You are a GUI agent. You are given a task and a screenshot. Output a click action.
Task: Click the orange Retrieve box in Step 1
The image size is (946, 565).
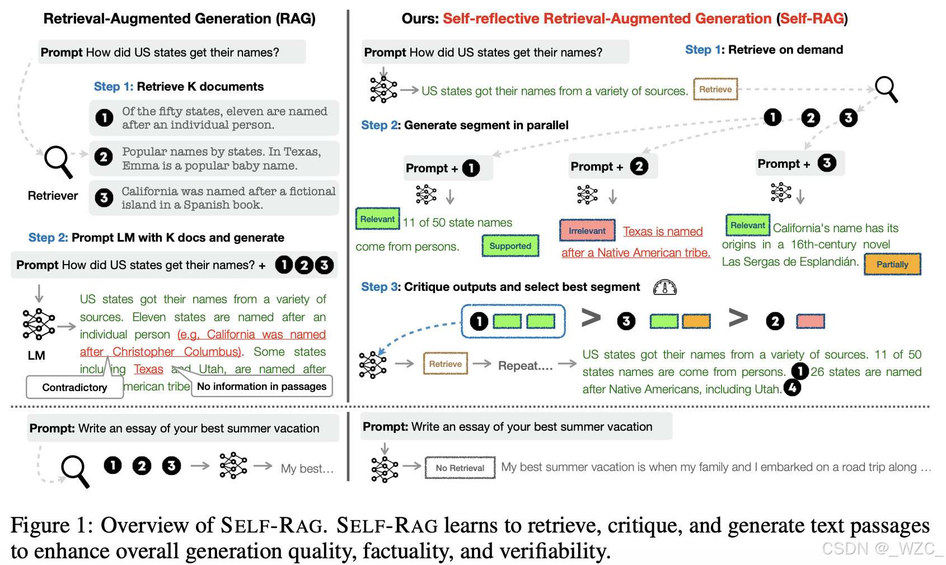(715, 90)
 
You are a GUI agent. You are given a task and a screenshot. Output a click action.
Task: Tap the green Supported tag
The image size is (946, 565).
(510, 246)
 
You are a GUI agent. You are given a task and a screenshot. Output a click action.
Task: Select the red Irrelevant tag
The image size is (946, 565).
(587, 230)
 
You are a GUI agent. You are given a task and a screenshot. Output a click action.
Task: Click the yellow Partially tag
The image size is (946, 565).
(892, 265)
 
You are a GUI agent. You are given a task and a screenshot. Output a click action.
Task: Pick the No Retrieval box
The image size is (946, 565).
(460, 468)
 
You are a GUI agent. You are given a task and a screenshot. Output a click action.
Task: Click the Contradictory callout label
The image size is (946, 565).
(74, 388)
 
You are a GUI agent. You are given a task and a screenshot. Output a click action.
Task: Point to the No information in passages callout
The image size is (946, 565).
(261, 387)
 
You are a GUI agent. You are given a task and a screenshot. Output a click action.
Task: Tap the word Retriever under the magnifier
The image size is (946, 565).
(53, 196)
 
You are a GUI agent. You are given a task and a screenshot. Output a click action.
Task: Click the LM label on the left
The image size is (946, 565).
(36, 356)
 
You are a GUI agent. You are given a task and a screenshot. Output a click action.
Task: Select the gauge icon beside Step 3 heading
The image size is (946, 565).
(665, 288)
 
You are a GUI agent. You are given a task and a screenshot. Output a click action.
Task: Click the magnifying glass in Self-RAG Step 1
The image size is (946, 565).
(886, 89)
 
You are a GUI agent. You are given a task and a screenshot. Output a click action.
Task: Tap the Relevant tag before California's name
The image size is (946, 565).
(747, 225)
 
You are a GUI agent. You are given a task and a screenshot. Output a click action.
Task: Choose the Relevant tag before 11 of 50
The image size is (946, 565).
(377, 219)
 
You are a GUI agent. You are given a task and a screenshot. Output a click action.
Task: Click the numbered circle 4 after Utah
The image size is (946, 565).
(792, 388)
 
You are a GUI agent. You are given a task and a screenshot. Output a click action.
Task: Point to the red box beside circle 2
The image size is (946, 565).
(810, 321)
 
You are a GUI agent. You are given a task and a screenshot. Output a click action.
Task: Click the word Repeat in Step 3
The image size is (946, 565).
(524, 366)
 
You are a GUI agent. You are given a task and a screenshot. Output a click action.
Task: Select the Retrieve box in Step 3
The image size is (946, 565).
(446, 364)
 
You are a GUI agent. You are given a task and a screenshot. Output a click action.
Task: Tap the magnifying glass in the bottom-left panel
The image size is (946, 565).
(75, 470)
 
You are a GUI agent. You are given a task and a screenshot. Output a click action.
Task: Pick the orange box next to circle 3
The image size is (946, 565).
(696, 321)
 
